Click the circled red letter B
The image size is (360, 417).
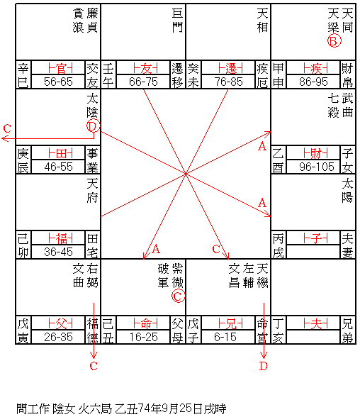point(334,41)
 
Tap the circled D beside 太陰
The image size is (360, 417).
point(93,126)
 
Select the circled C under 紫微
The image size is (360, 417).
point(178,296)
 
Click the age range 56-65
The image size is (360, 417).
point(58,82)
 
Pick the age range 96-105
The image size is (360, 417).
point(317,167)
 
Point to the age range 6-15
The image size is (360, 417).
point(225,337)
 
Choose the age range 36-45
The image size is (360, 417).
point(58,252)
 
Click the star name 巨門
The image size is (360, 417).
point(177,21)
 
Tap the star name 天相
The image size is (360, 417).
point(262,21)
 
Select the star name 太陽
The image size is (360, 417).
point(347,191)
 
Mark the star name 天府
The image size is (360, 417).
point(92,191)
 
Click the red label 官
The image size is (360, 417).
point(60,68)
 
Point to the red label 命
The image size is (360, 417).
point(145,323)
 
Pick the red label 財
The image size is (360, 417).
point(315,153)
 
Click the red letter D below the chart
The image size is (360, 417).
point(263,366)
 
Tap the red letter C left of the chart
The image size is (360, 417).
point(7,129)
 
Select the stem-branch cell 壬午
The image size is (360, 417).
point(108,75)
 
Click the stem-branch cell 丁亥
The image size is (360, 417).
point(279,330)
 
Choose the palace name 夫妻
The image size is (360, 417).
point(347,245)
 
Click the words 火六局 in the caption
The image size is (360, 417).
point(94,408)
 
